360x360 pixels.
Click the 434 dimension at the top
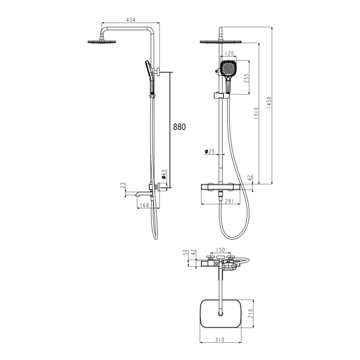point(131,20)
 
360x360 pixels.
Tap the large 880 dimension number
point(179,127)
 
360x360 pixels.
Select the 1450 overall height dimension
point(269,102)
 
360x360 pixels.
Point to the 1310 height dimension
point(256,113)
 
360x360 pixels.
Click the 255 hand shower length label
point(246,79)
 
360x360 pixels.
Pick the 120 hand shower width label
point(229,53)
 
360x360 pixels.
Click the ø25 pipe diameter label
point(209,151)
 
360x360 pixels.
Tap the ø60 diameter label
point(164,174)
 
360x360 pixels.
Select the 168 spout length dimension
point(145,205)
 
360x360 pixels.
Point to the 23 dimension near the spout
point(123,185)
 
